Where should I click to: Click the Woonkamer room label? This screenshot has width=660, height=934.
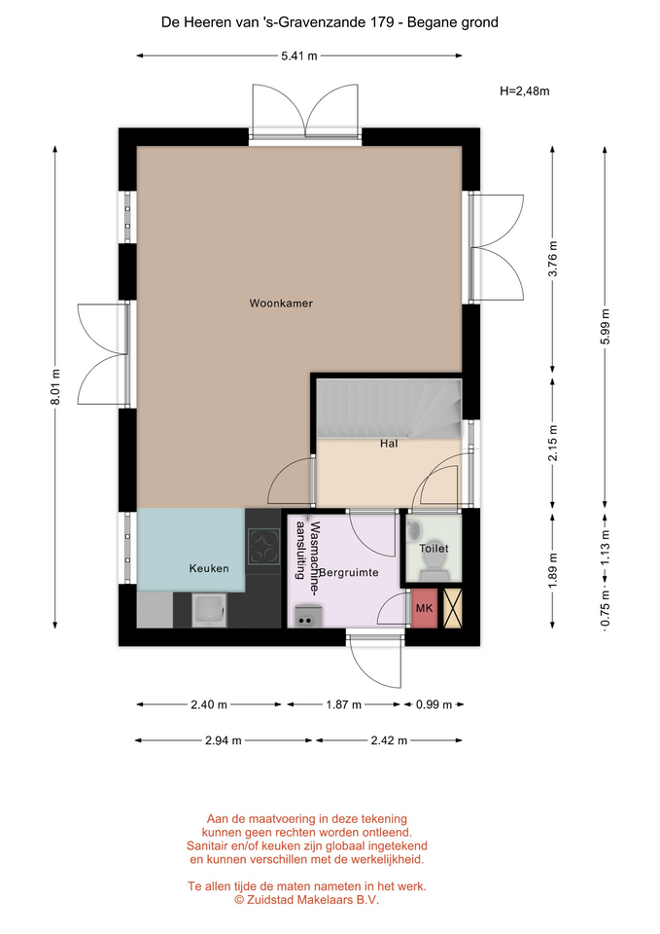pyautogui.click(x=281, y=304)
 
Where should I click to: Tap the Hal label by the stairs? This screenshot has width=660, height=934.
pyautogui.click(x=389, y=444)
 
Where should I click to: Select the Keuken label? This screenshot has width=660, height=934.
pyautogui.click(x=209, y=568)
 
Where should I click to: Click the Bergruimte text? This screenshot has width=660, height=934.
pyautogui.click(x=349, y=572)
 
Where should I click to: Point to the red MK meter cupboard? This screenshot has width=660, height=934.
pyautogui.click(x=425, y=608)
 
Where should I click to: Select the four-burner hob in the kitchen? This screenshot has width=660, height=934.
pyautogui.click(x=264, y=546)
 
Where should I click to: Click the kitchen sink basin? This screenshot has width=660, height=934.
pyautogui.click(x=208, y=611)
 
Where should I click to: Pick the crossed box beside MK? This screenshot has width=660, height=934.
pyautogui.click(x=453, y=608)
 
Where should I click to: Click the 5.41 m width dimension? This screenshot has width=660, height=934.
pyautogui.click(x=299, y=56)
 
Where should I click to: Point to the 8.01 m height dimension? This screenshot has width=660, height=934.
pyautogui.click(x=55, y=386)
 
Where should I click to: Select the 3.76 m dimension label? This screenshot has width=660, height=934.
pyautogui.click(x=553, y=259)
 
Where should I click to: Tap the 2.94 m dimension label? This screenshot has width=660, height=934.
pyautogui.click(x=224, y=740)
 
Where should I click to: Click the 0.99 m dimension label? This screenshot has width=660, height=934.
pyautogui.click(x=434, y=704)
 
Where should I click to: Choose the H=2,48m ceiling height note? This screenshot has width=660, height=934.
pyautogui.click(x=524, y=91)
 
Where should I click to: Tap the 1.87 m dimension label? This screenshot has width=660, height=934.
pyautogui.click(x=343, y=704)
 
